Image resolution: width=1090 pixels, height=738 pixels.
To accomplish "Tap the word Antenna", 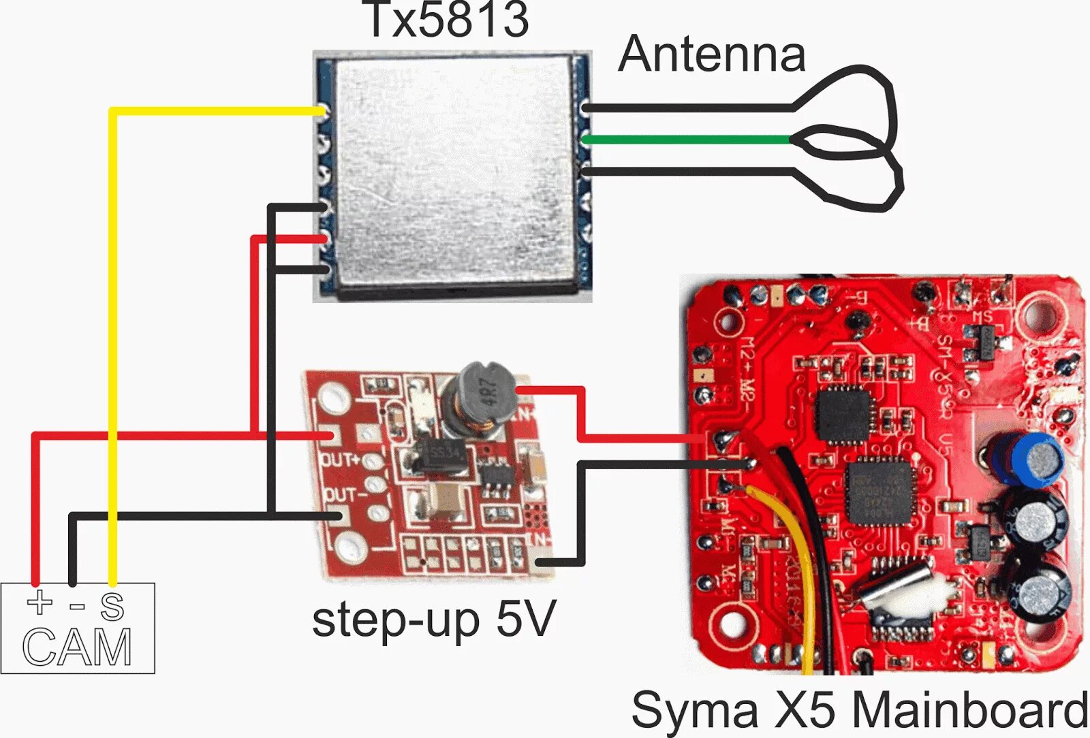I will coord(712,54).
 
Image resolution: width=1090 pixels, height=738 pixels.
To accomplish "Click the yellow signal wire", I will coord(113,340).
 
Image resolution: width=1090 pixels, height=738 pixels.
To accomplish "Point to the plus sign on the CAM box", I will coord(40,602).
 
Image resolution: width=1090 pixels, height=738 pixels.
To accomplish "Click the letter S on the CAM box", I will coord(112,606).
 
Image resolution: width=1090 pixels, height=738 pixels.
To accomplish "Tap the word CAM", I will coord(77,647).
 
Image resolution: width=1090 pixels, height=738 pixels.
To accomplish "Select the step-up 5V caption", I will coord(434,620).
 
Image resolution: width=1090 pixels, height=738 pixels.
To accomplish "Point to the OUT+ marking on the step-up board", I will coord(341,460).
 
